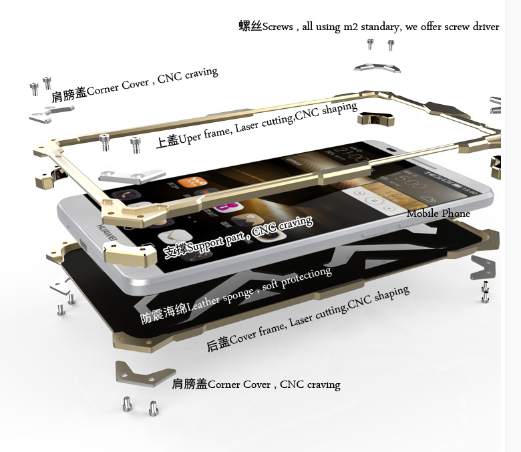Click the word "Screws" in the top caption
pos(277,27)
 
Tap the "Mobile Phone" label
pos(438,214)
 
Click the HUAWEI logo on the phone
pos(107,233)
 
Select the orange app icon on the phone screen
pos(192,182)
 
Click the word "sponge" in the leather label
pos(238,295)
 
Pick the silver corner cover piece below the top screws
pos(377,67)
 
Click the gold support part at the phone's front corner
pos(130,254)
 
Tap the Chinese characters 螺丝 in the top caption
pos(250,26)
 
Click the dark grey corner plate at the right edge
pos(483,267)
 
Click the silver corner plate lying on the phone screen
pos(132,176)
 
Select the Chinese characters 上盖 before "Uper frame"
pos(167,141)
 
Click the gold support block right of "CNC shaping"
pos(376,119)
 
